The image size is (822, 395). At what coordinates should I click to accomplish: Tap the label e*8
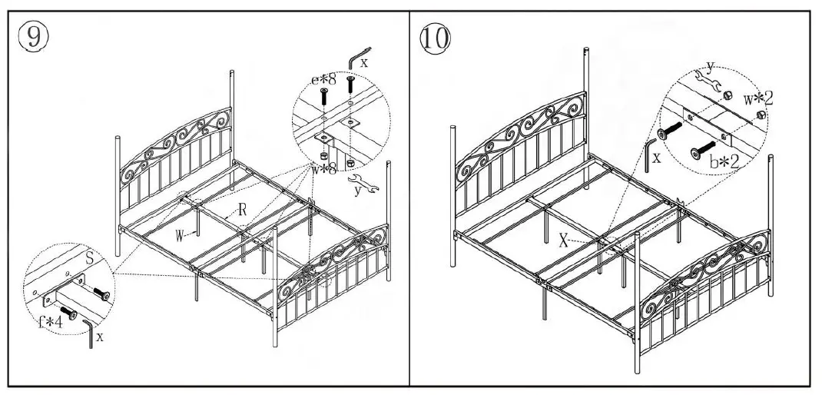(x=323, y=78)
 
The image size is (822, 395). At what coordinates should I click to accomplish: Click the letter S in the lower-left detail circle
(x=89, y=261)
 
